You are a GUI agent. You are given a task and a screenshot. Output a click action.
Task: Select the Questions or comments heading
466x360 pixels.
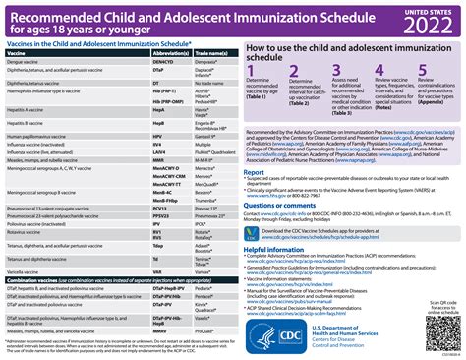click(x=285, y=206)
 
